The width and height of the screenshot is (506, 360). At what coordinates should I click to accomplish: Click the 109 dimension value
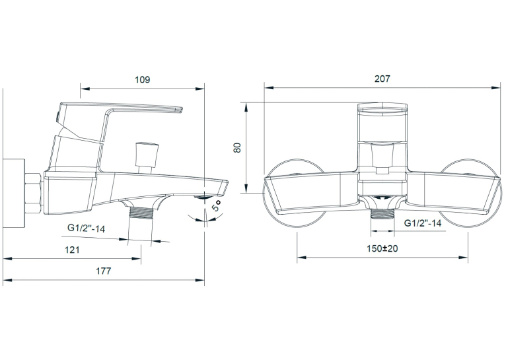142,80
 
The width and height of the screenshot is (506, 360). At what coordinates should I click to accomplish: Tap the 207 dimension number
382,79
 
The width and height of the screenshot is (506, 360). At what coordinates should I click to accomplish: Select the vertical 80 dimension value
238,148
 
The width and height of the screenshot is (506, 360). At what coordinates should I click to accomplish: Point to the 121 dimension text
72,250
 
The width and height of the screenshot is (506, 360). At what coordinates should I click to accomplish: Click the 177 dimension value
103,271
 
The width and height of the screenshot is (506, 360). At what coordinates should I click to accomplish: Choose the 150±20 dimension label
382,248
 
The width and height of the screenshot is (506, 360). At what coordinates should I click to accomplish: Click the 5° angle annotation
217,205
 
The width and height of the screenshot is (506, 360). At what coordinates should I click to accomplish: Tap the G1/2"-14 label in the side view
86,229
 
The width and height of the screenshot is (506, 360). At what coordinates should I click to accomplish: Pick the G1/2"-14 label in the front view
423,223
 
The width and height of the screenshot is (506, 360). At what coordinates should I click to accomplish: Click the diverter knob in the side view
147,153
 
